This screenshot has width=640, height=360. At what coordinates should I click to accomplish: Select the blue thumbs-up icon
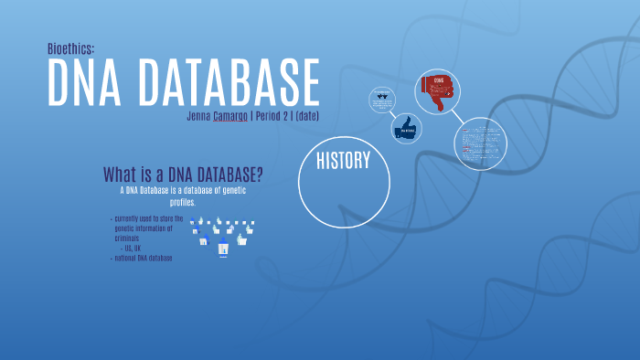pyautogui.click(x=406, y=129)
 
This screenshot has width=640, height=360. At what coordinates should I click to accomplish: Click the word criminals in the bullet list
pyautogui.click(x=132, y=238)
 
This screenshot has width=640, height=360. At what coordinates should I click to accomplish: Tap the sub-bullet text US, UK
pyautogui.click(x=137, y=248)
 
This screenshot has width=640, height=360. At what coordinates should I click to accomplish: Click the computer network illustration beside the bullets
pyautogui.click(x=223, y=236)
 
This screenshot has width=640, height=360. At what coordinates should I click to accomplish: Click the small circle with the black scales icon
pyautogui.click(x=381, y=101)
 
